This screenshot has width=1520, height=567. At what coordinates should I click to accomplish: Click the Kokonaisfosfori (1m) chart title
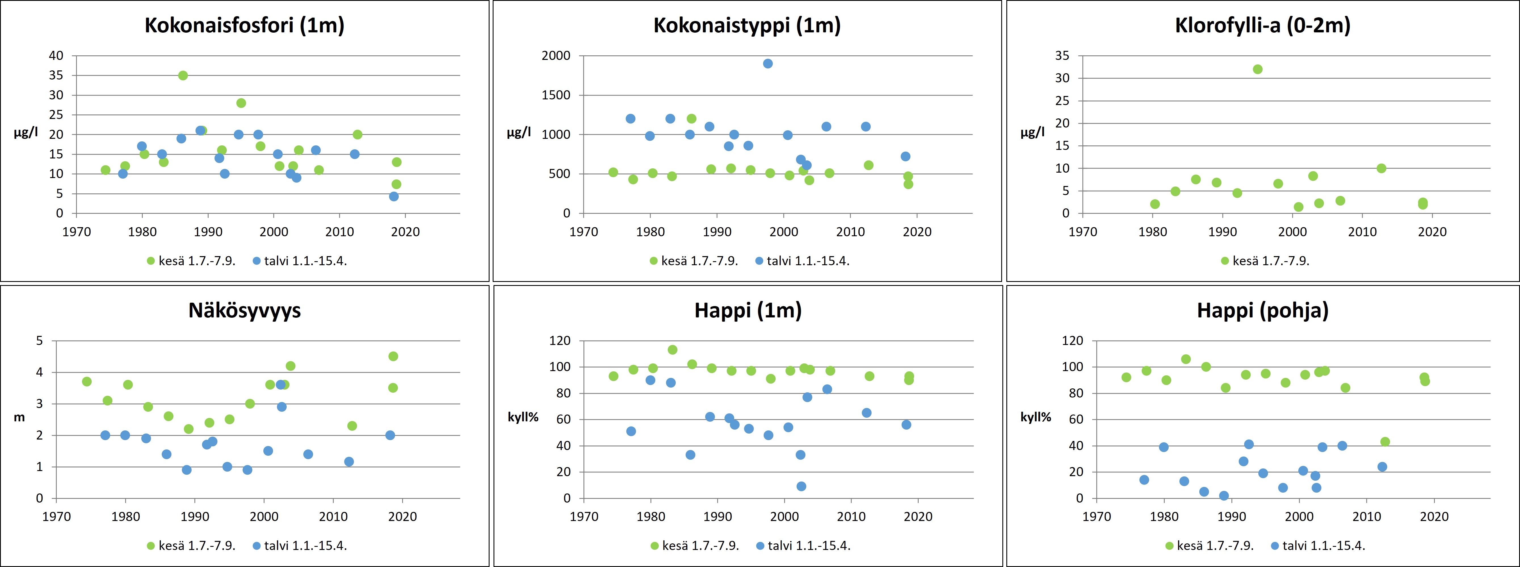point(244,25)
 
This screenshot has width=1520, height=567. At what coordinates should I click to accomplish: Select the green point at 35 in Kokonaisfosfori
point(183,76)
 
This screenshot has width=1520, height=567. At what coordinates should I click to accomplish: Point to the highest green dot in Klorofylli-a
point(1257,69)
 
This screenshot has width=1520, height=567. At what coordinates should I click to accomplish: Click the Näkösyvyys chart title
point(244,311)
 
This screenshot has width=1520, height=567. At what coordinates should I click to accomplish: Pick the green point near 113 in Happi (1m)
point(672,350)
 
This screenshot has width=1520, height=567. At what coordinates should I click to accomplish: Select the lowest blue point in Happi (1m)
point(801,486)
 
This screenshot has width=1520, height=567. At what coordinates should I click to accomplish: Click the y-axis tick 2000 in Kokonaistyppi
point(556,56)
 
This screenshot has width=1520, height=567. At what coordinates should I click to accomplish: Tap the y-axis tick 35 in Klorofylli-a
point(1062,56)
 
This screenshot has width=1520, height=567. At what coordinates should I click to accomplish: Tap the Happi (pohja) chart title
point(1263,311)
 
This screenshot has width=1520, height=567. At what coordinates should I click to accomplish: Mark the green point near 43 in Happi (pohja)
point(1385,442)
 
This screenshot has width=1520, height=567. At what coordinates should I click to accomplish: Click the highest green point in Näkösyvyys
point(393,356)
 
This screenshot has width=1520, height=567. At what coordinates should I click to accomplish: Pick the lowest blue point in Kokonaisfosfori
point(394,197)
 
